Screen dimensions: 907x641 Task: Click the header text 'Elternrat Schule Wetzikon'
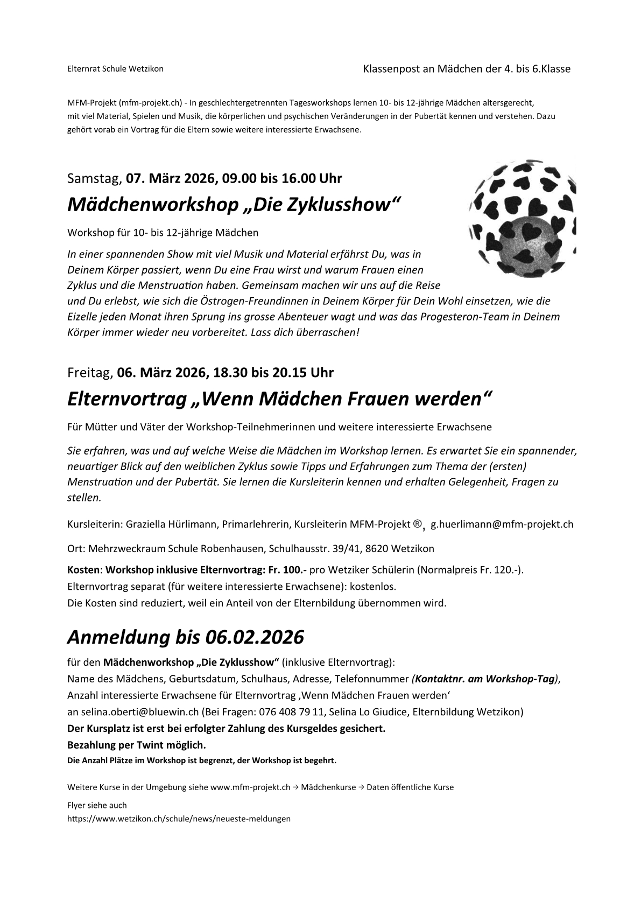[115, 69]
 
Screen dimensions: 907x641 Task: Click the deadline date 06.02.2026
[255, 637]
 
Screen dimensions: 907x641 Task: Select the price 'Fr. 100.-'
[286, 570]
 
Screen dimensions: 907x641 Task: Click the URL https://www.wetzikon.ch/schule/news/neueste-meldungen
[179, 819]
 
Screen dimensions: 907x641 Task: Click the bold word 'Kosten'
[83, 570]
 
